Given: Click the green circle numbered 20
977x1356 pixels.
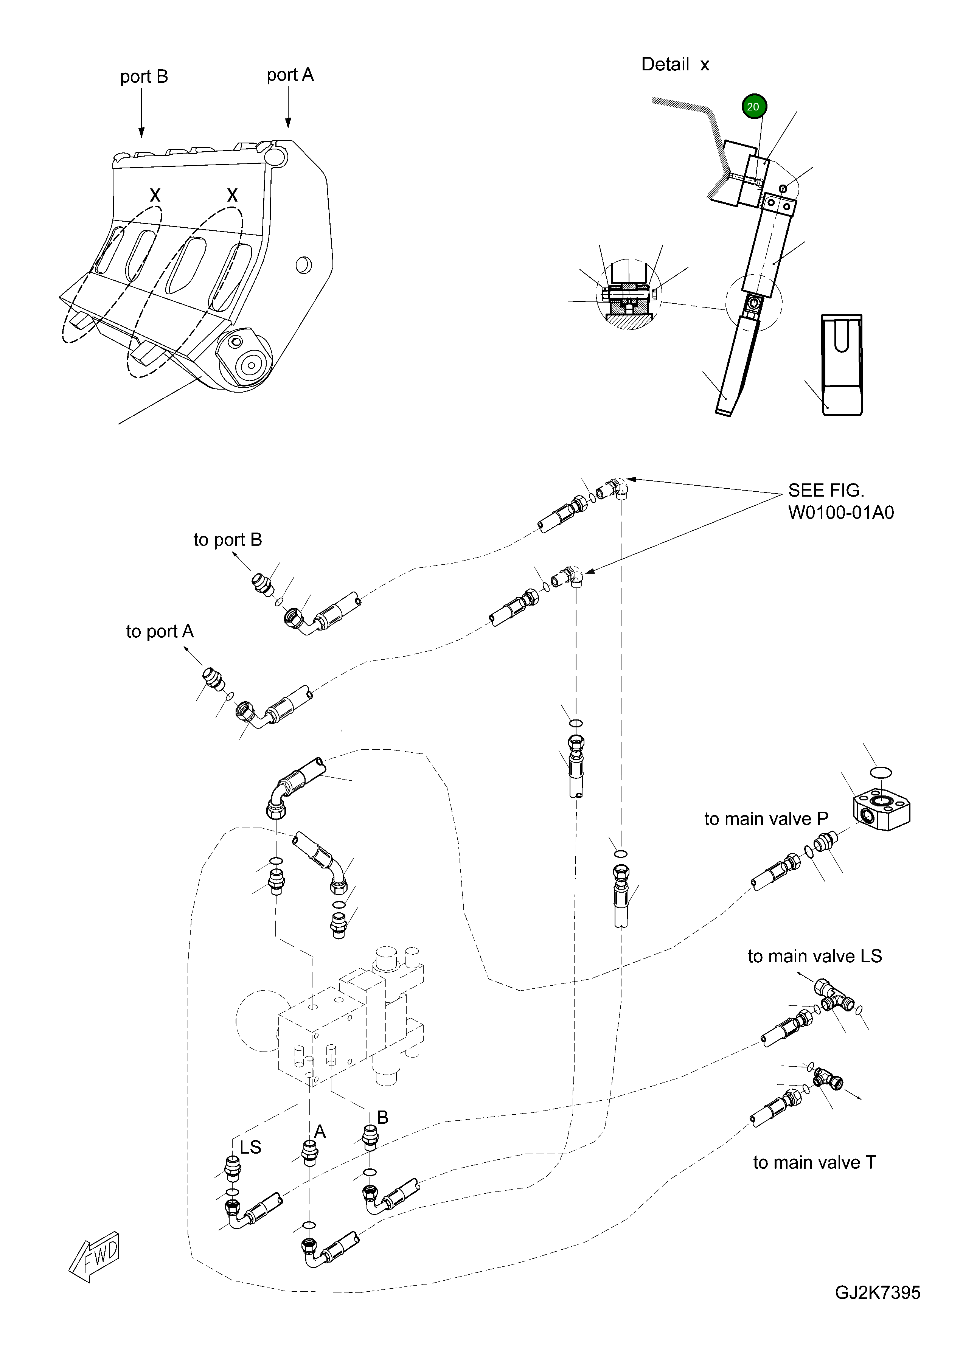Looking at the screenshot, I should pyautogui.click(x=753, y=106).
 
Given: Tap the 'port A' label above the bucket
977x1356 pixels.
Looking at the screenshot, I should pyautogui.click(x=290, y=75).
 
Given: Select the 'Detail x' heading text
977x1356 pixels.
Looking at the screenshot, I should pyautogui.click(x=674, y=64).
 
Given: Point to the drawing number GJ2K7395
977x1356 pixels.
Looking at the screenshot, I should pyautogui.click(x=877, y=1310).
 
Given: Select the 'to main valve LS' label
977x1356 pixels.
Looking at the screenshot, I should pyautogui.click(x=814, y=956).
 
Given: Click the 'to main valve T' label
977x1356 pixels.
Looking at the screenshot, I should pyautogui.click(x=814, y=1162).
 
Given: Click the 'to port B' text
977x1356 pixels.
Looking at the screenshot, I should pyautogui.click(x=227, y=539).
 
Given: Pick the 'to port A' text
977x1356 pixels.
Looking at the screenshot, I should pyautogui.click(x=160, y=631).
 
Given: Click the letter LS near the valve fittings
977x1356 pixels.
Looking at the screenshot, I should pyautogui.click(x=250, y=1147).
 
